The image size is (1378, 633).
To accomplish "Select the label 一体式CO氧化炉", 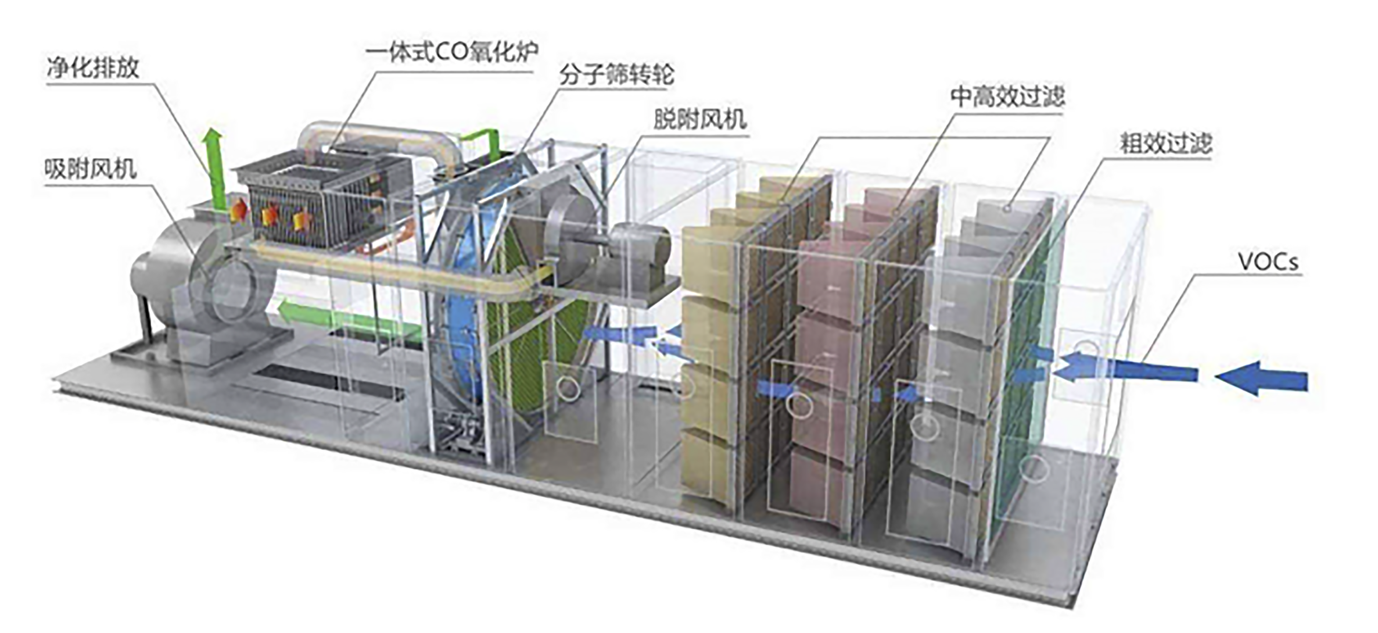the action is [x=452, y=52].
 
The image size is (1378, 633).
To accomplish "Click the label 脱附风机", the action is [x=700, y=119].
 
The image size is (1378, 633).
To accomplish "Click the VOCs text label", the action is [x=1267, y=263].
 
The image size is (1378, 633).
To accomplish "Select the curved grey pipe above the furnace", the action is [x=380, y=139].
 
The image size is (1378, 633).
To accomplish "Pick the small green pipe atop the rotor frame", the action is [x=479, y=140].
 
